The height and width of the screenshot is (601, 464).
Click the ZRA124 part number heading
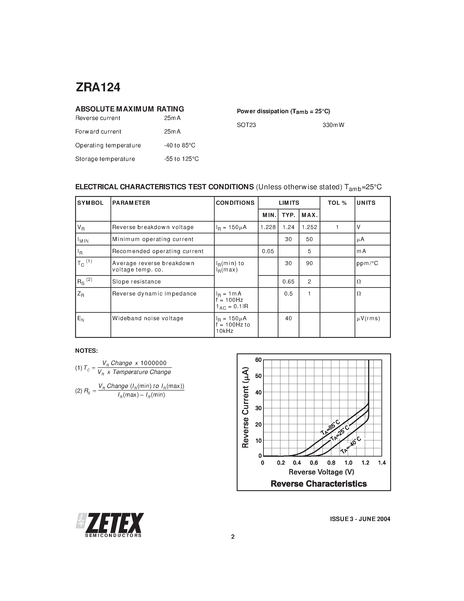[x=98, y=87]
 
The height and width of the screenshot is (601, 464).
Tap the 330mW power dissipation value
[x=333, y=125]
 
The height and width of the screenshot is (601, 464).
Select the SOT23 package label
[x=246, y=125]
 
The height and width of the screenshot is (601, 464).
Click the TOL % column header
[x=337, y=203]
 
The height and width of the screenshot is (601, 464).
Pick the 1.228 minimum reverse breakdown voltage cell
[x=268, y=227]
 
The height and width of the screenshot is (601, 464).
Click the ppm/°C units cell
[x=367, y=263]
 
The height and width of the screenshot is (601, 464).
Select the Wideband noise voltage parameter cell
[x=148, y=318]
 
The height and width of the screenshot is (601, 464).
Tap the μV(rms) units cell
[x=368, y=318]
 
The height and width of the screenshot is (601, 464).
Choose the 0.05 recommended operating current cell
[x=268, y=251]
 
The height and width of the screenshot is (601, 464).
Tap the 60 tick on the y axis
[x=258, y=360]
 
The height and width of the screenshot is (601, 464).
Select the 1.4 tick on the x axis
[x=382, y=463]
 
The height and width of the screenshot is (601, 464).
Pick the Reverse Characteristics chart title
[x=319, y=484]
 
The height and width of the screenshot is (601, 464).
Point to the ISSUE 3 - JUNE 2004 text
[x=360, y=519]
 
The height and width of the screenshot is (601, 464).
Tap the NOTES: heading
[x=86, y=351]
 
